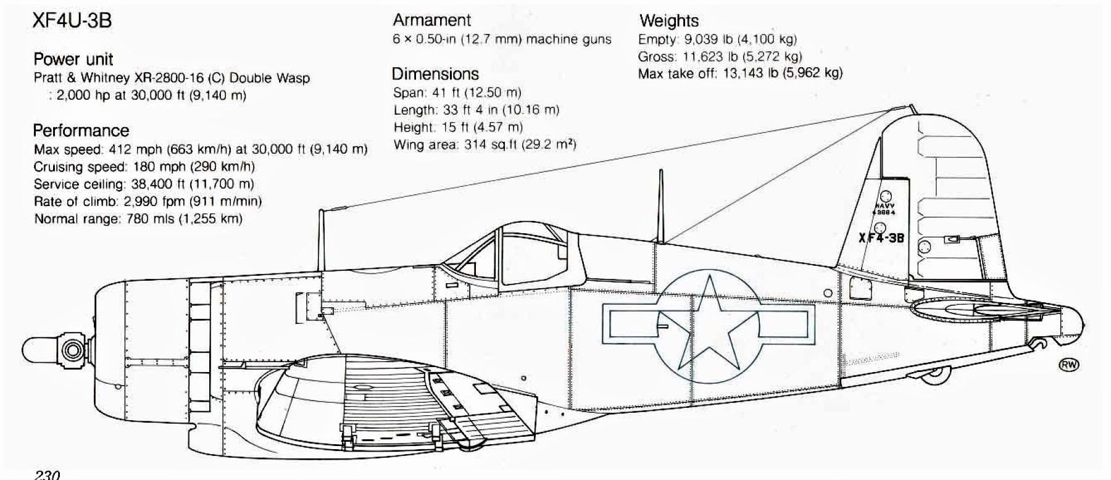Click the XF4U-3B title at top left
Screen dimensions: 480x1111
[x=72, y=21]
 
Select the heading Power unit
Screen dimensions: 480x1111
[x=73, y=59]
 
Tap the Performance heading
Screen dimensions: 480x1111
[x=81, y=131]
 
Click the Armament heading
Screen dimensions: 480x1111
[x=431, y=20]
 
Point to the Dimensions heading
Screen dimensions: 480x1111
[x=435, y=74]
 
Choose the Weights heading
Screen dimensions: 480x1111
[x=668, y=21]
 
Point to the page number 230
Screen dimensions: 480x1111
[x=47, y=475]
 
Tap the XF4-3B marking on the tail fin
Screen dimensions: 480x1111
[x=881, y=238]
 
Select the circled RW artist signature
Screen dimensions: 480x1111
[x=1070, y=365]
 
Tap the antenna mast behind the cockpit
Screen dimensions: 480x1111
[x=660, y=206]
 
